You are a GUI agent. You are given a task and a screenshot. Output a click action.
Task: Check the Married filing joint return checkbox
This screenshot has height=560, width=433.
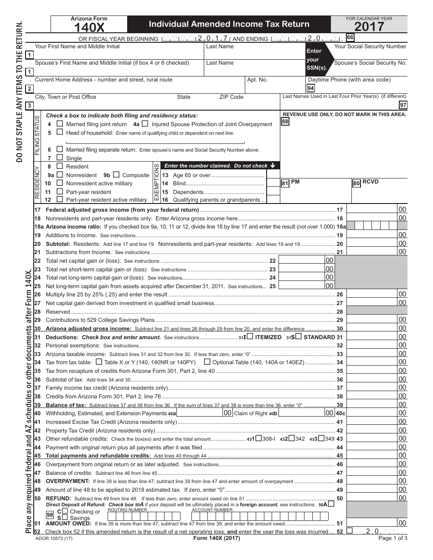60,124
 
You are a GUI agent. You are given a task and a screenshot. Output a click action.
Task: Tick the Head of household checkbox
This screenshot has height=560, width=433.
60,132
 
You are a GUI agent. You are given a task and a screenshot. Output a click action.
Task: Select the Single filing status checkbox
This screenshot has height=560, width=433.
60,158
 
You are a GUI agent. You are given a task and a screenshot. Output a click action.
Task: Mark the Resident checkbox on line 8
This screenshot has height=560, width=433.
60,166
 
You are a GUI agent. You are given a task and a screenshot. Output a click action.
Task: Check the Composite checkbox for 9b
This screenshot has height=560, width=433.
116,174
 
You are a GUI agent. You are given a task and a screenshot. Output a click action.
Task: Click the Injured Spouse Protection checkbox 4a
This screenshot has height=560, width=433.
145,123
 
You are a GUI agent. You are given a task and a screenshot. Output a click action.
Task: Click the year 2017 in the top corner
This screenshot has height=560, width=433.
369,27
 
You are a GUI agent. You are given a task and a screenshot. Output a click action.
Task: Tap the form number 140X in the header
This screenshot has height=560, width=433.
89,28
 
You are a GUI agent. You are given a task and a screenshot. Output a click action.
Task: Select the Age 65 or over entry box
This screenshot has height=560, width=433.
273,175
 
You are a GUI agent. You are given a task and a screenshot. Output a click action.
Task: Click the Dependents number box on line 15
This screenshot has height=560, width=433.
273,192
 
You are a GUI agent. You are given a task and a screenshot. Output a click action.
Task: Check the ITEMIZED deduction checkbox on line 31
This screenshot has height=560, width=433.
250,337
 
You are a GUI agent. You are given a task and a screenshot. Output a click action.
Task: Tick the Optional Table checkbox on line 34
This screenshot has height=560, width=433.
207,362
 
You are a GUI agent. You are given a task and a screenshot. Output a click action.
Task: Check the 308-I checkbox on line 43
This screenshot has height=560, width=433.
258,439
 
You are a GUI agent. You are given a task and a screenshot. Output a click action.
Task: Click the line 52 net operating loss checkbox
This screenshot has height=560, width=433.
350,531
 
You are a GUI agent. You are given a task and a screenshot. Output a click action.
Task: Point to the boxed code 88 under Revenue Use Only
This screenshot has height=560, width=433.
285,122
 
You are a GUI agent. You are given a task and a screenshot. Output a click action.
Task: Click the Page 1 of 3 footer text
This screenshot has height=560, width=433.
393,538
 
